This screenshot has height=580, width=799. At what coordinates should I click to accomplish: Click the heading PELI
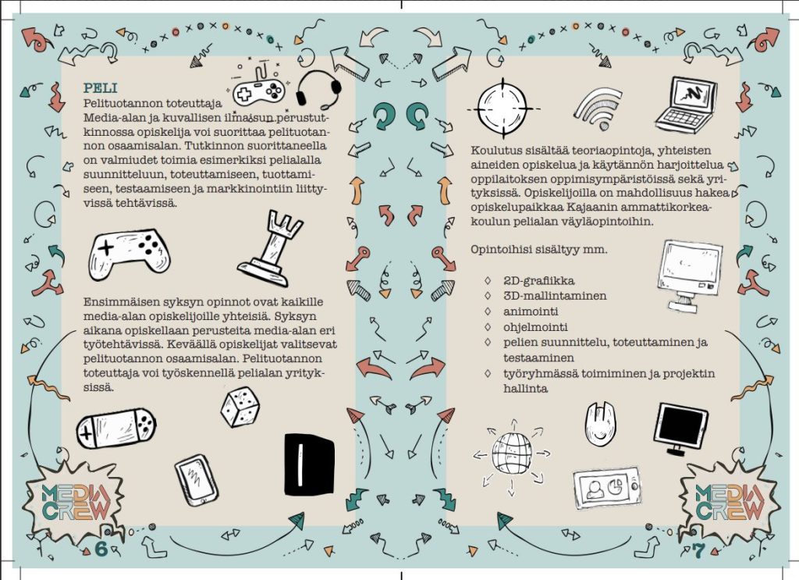100,87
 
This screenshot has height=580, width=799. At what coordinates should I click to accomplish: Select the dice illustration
240,406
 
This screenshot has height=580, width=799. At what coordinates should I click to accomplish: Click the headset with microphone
318,90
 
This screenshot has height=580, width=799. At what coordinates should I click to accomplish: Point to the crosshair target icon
503,109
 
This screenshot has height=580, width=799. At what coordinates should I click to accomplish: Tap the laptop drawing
687,105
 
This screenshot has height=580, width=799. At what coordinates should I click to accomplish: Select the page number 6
101,549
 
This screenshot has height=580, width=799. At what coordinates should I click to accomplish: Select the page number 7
698,550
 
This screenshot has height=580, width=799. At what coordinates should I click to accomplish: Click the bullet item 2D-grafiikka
538,281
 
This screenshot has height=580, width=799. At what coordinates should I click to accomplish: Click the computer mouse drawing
600,424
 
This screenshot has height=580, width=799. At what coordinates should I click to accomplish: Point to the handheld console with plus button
116,428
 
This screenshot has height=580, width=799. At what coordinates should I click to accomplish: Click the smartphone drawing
197,479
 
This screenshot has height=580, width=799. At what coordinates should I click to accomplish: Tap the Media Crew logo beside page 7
730,501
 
